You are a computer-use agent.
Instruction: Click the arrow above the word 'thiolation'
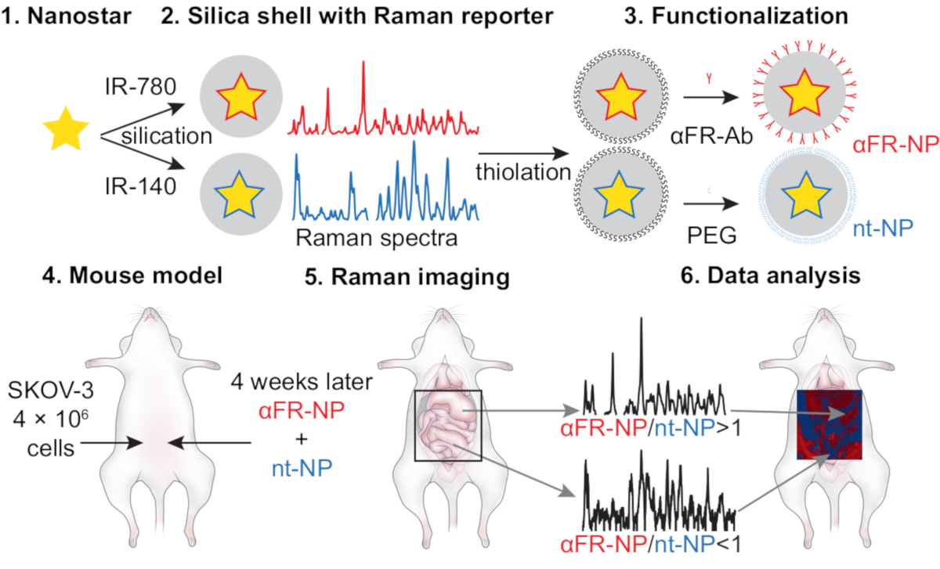point(520,155)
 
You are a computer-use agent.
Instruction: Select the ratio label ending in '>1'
point(655,427)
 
